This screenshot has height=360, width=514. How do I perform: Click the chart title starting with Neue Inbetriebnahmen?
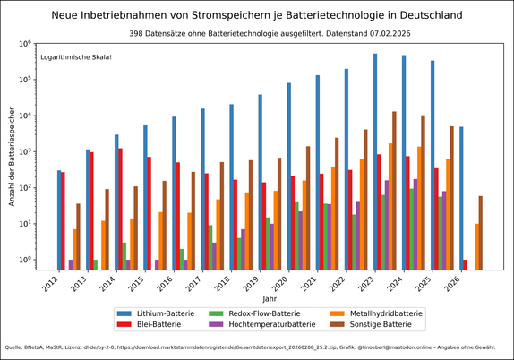[257, 15]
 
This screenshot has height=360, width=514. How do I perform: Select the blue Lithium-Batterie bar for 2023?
[375, 161]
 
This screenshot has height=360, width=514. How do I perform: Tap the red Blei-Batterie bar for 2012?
[63, 220]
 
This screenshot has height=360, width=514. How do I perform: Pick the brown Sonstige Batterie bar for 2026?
[481, 233]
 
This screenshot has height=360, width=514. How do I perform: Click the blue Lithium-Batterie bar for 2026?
[461, 198]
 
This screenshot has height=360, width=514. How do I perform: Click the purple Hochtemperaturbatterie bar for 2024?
[415, 224]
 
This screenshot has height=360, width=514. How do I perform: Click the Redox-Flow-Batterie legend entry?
[260, 313]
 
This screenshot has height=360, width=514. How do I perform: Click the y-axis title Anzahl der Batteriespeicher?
[13, 157]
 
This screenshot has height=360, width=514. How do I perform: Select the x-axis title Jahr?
[270, 298]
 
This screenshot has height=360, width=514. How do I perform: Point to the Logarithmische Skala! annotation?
[76, 57]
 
